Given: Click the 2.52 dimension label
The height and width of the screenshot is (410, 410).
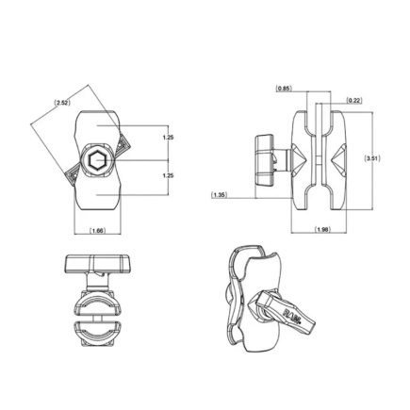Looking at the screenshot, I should pyautogui.click(x=62, y=102).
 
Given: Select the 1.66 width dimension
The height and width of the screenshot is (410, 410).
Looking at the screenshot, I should pyautogui.click(x=96, y=228).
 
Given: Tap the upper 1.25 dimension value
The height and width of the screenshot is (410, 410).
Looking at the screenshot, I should pyautogui.click(x=168, y=139).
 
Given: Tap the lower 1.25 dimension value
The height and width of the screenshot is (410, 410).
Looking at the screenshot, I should pyautogui.click(x=168, y=176).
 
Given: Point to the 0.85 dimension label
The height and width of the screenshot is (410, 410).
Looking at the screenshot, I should pyautogui.click(x=284, y=89).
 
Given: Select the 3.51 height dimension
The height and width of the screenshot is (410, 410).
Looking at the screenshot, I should pyautogui.click(x=371, y=158).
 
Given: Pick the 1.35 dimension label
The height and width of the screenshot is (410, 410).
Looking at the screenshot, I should pyautogui.click(x=220, y=196).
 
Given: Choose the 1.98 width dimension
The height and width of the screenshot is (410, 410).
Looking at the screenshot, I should pyautogui.click(x=322, y=228).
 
